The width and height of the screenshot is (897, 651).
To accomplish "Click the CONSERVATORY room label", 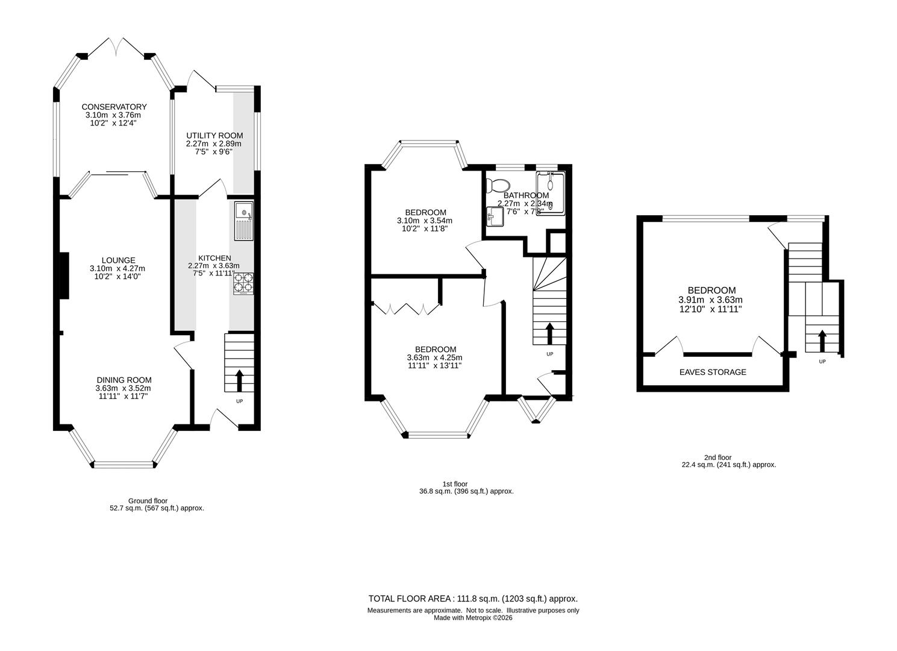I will tap(114, 107).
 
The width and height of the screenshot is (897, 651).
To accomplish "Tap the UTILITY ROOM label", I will tap(213, 136).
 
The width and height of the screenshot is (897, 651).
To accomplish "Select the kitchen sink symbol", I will tap(244, 221).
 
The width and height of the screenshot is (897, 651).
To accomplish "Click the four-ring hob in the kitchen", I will tap(243, 283).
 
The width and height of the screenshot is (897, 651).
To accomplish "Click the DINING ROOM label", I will tap(124, 380).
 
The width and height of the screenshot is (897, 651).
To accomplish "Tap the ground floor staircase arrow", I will tap(239, 380).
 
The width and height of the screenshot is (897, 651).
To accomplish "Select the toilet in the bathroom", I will tap(499, 184).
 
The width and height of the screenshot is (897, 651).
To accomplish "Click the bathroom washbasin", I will tap(495, 215).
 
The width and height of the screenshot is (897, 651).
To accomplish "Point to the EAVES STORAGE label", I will tap(713, 373).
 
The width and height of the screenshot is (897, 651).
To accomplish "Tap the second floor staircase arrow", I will tap(822, 341).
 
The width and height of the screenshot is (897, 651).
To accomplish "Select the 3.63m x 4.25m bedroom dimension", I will tap(435, 357).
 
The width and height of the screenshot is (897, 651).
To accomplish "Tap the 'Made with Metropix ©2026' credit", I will tap(473, 617).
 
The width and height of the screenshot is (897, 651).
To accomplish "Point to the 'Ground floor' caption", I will tap(148, 501).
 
